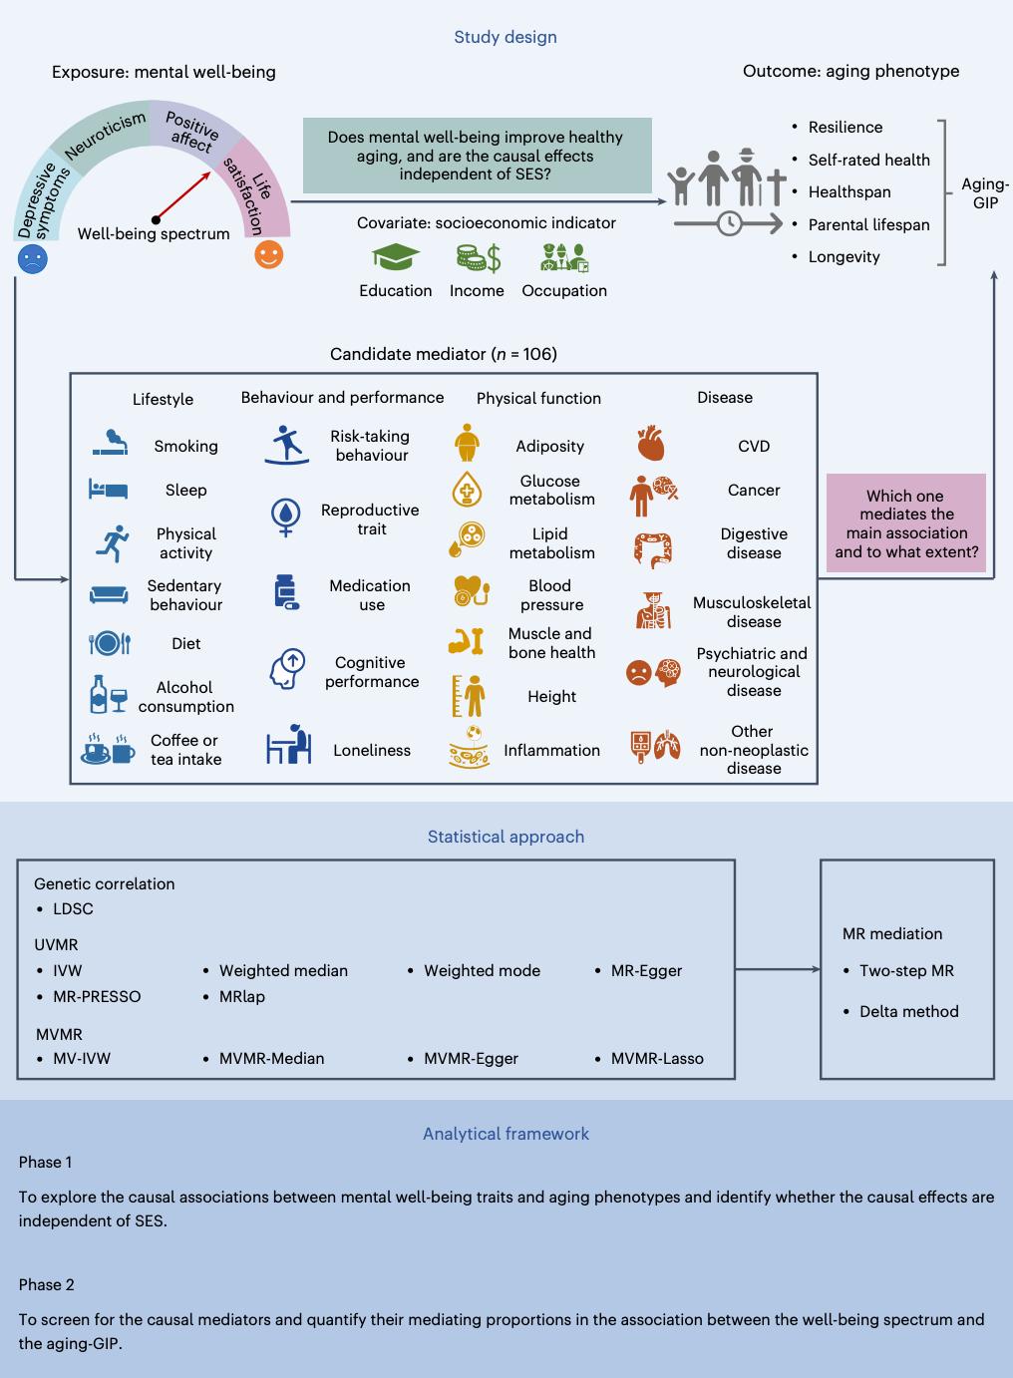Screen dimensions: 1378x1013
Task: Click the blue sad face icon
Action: click(33, 260)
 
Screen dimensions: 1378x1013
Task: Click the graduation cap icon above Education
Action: click(396, 258)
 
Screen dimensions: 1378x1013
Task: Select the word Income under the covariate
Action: click(477, 290)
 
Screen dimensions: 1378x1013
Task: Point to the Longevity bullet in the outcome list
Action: click(844, 256)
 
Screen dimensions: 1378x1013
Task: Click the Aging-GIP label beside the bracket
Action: click(985, 193)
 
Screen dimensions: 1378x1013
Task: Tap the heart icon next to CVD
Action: click(650, 444)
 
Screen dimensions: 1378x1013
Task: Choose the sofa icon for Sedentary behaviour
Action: click(109, 594)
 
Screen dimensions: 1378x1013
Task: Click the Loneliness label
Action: click(372, 750)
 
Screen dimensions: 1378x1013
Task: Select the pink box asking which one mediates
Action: click(906, 523)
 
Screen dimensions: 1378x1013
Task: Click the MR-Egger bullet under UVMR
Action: click(646, 970)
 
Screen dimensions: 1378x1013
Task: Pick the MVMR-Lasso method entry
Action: click(657, 1058)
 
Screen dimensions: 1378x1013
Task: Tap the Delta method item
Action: click(908, 1011)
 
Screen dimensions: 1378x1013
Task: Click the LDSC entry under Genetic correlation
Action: click(73, 908)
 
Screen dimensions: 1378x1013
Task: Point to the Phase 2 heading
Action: click(46, 1284)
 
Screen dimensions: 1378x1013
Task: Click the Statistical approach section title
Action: click(506, 837)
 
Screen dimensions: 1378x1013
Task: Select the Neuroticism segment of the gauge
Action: click(106, 136)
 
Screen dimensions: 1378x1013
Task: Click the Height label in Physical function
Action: click(551, 696)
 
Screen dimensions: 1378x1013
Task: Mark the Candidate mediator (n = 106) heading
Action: click(443, 354)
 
